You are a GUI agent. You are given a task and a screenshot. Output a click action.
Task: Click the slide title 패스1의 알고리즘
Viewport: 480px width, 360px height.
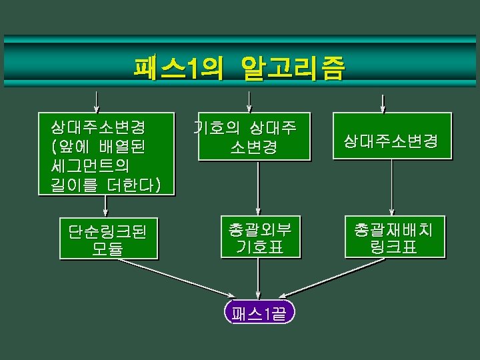click(x=239, y=68)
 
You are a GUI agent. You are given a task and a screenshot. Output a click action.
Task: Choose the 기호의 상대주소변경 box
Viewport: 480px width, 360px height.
click(x=254, y=137)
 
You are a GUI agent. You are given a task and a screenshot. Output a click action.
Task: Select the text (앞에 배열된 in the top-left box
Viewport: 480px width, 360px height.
click(x=97, y=144)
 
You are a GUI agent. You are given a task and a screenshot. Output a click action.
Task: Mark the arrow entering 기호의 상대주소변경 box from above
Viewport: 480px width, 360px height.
click(x=249, y=101)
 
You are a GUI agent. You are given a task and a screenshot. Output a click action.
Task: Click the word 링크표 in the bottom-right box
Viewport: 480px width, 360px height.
click(x=393, y=247)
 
